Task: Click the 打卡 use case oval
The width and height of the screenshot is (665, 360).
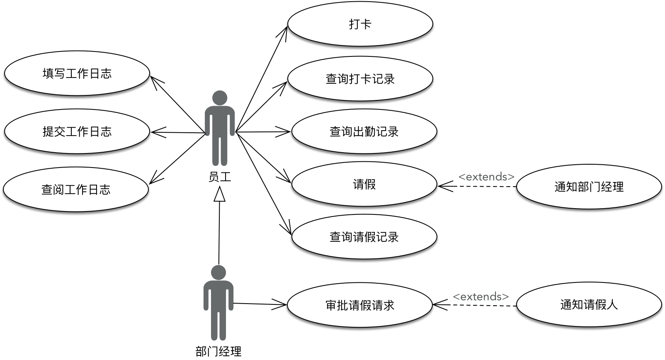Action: (360, 24)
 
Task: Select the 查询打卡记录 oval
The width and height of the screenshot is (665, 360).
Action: (360, 79)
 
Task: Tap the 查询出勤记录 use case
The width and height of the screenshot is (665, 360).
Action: (364, 131)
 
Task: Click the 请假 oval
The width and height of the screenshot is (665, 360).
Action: (364, 184)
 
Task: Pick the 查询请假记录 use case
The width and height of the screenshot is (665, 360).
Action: (364, 237)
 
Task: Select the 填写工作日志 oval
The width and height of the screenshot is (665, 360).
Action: (77, 73)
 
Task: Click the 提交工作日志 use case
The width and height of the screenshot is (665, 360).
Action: (77, 131)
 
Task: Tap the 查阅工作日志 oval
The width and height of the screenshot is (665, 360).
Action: (76, 190)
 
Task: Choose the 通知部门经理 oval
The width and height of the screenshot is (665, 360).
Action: (589, 187)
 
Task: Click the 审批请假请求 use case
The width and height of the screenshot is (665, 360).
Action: (360, 305)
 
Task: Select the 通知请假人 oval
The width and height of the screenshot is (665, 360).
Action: (589, 305)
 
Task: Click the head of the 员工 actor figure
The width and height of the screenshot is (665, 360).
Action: (220, 98)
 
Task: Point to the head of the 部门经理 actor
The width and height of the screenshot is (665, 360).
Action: (218, 272)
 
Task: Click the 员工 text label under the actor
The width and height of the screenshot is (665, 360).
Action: (220, 177)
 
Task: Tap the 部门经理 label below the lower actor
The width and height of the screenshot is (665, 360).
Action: (218, 352)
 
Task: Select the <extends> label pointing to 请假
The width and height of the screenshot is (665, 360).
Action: (486, 177)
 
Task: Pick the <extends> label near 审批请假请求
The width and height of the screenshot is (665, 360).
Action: (481, 297)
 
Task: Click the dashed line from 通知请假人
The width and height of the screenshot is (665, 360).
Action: (481, 306)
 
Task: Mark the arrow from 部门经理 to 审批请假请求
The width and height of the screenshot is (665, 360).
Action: (259, 304)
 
